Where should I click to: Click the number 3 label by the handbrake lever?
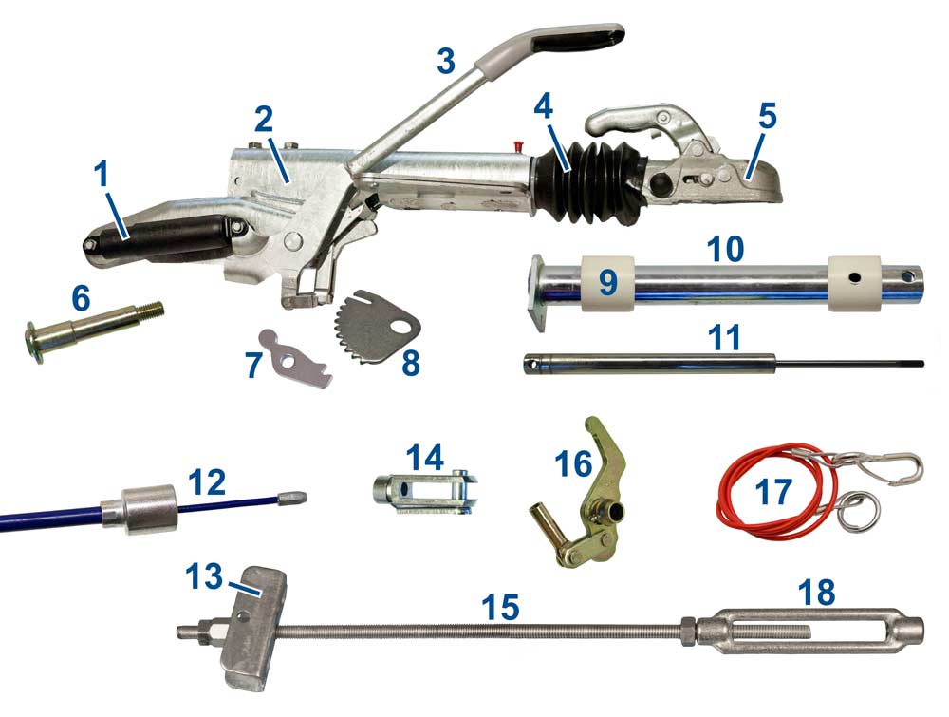pos(446,60)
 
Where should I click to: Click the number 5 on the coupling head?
pos(767,118)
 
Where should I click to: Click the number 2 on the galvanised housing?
pos(264,120)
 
